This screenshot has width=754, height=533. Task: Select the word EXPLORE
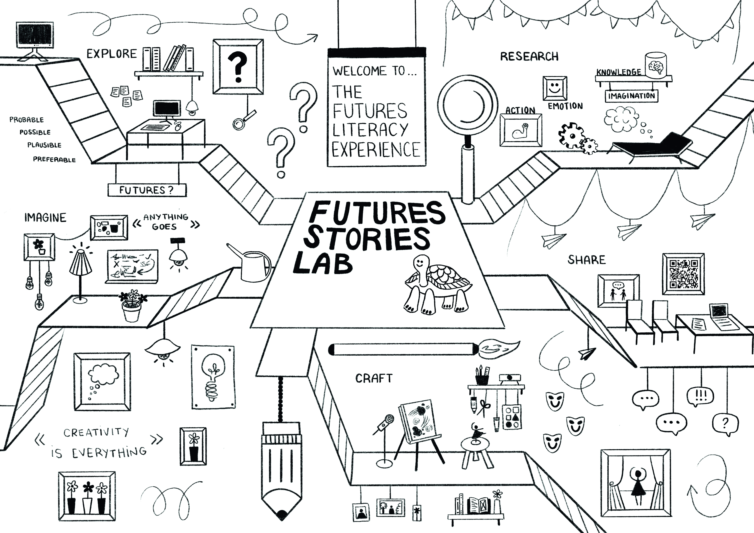click(112, 54)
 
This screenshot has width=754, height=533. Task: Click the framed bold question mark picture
click(238, 67)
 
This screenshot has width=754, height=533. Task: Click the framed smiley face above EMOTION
click(555, 88)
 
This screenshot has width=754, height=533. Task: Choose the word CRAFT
click(374, 378)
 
